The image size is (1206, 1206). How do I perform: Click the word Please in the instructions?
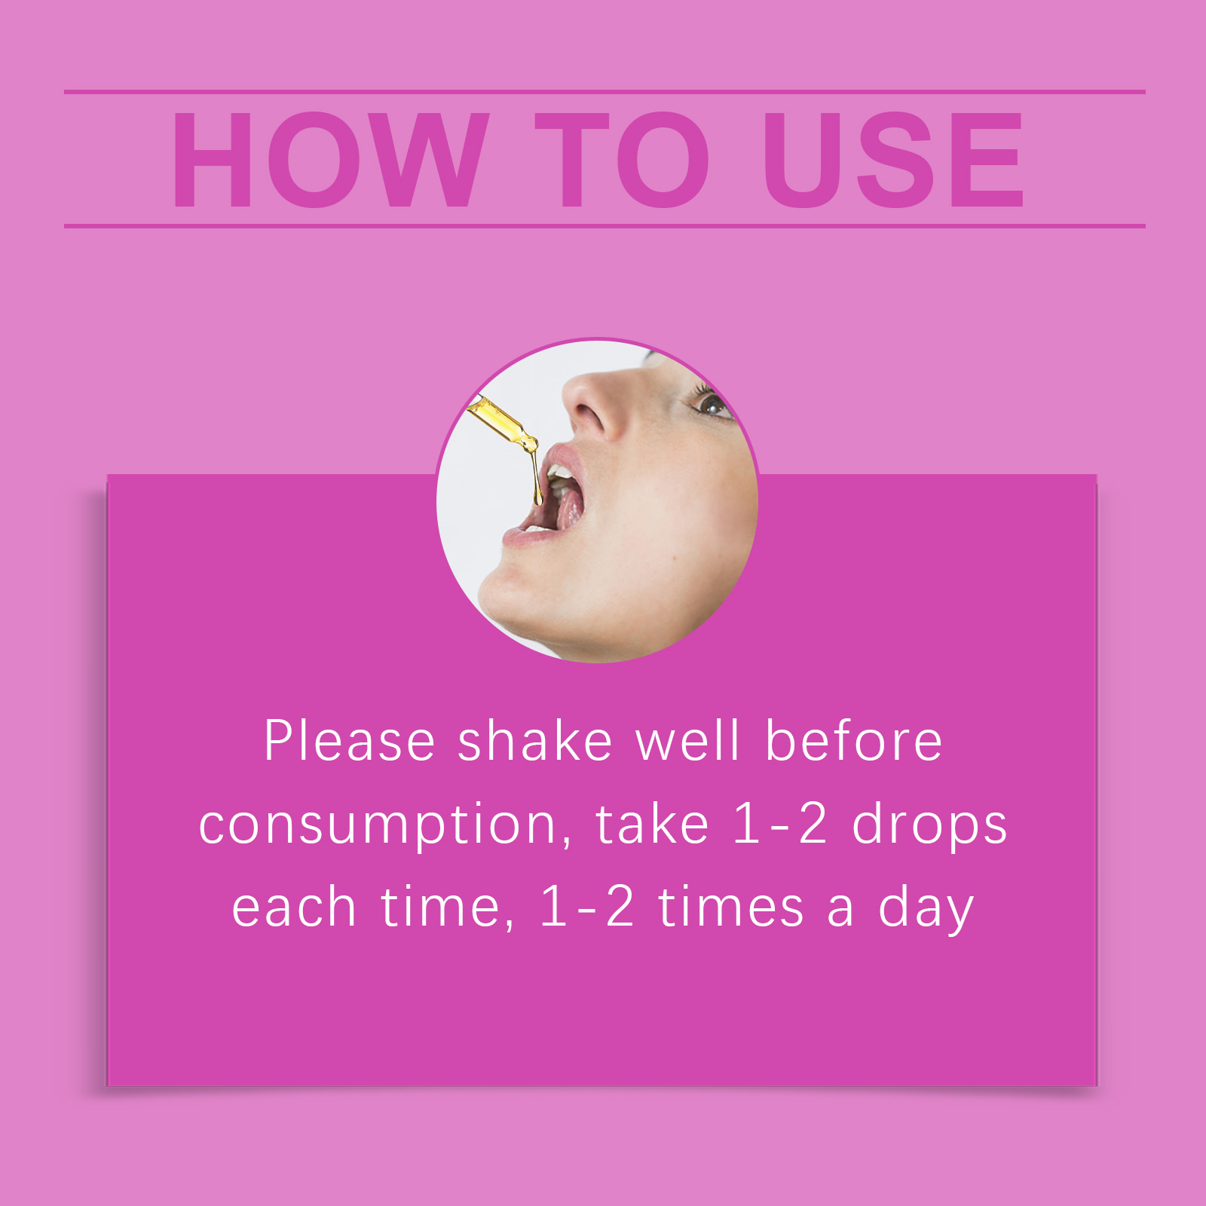click(x=350, y=740)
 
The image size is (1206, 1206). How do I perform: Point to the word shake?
click(x=535, y=740)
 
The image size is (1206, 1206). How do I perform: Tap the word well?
click(x=688, y=740)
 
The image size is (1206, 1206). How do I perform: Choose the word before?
click(x=853, y=740)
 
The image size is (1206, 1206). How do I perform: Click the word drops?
click(x=929, y=826)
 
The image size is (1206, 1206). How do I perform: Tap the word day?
click(x=926, y=909)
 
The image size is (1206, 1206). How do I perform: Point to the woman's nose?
click(x=592, y=407)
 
